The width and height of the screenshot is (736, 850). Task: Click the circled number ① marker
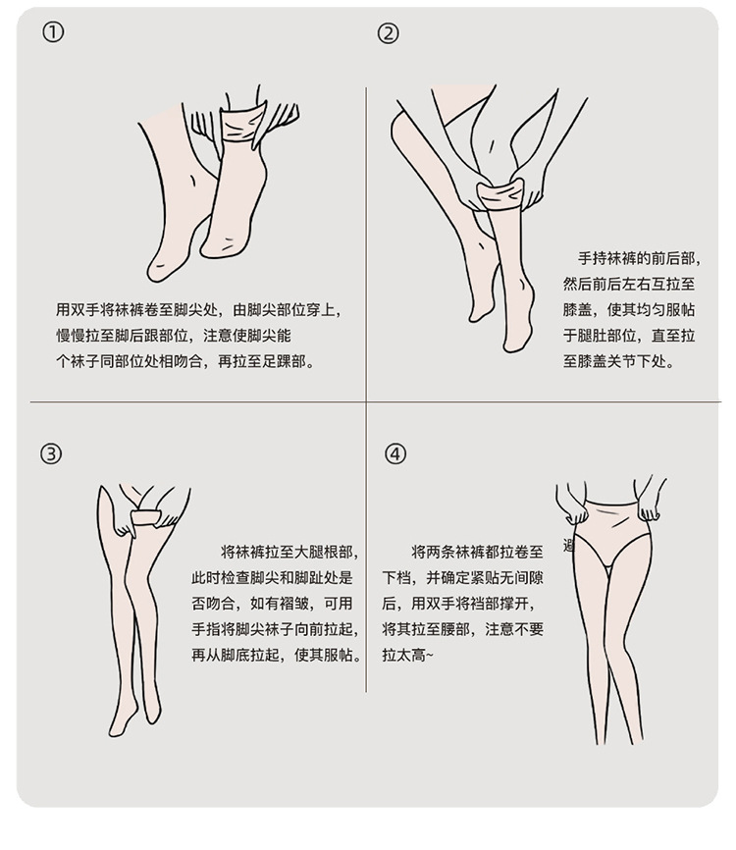tap(53, 33)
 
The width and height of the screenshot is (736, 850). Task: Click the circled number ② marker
tap(388, 33)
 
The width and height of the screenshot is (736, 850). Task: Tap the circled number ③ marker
tap(51, 453)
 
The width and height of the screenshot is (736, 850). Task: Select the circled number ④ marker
tap(395, 453)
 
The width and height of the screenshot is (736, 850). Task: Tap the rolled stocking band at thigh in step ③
tap(146, 517)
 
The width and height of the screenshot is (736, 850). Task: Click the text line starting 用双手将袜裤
tap(199, 310)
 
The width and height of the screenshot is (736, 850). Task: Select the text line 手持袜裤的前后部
tap(640, 258)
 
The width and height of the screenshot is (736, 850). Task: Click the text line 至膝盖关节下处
tap(619, 361)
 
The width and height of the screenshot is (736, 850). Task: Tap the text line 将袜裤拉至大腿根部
tap(289, 553)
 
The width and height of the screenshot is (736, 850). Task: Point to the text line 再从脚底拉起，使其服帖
tap(277, 655)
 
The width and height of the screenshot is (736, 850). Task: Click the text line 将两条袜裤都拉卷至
tap(478, 553)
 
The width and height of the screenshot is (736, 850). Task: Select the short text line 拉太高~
tap(408, 655)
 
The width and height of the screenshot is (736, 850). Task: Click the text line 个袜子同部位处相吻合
tap(185, 361)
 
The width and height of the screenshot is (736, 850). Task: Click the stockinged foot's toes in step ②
tap(512, 343)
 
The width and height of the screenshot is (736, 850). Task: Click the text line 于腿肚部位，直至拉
tap(629, 336)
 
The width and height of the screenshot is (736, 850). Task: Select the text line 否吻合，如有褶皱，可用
tap(272, 604)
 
